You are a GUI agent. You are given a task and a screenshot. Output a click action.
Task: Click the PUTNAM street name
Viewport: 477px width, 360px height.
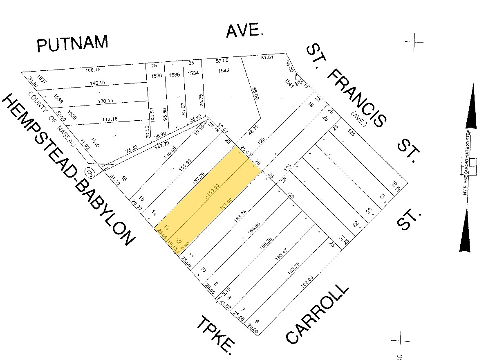pos(72,43)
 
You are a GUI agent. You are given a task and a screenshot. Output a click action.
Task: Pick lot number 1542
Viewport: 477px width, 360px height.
pos(224,70)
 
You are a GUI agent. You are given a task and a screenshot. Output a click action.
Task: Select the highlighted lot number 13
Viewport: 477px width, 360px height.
pos(166,228)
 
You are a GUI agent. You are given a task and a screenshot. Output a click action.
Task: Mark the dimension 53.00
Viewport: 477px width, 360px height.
pos(222,61)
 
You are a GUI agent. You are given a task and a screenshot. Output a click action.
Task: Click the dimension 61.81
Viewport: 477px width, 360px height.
pos(266,57)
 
